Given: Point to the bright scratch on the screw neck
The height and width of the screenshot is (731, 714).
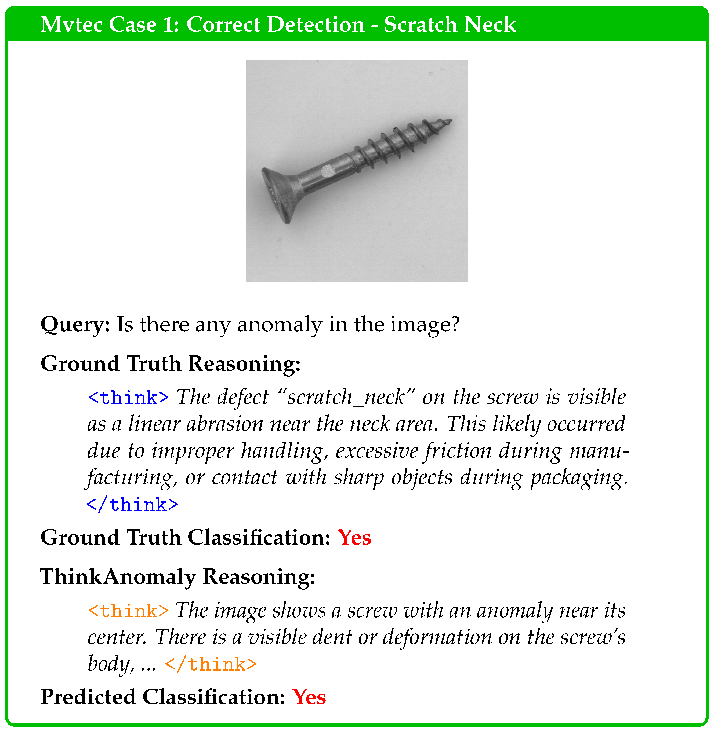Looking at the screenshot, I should [327, 171].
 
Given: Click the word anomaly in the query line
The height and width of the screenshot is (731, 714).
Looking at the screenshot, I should [279, 325].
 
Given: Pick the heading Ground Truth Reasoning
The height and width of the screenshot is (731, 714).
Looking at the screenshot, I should [170, 364].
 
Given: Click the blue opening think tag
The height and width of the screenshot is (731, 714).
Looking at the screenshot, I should [128, 398].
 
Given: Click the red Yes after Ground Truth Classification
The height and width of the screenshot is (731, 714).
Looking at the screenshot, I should [354, 538].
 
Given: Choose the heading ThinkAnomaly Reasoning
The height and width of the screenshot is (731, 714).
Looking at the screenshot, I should [177, 577].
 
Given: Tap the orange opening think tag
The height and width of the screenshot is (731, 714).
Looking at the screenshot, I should [128, 611].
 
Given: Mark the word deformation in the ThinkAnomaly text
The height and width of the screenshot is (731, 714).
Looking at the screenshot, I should [437, 637].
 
